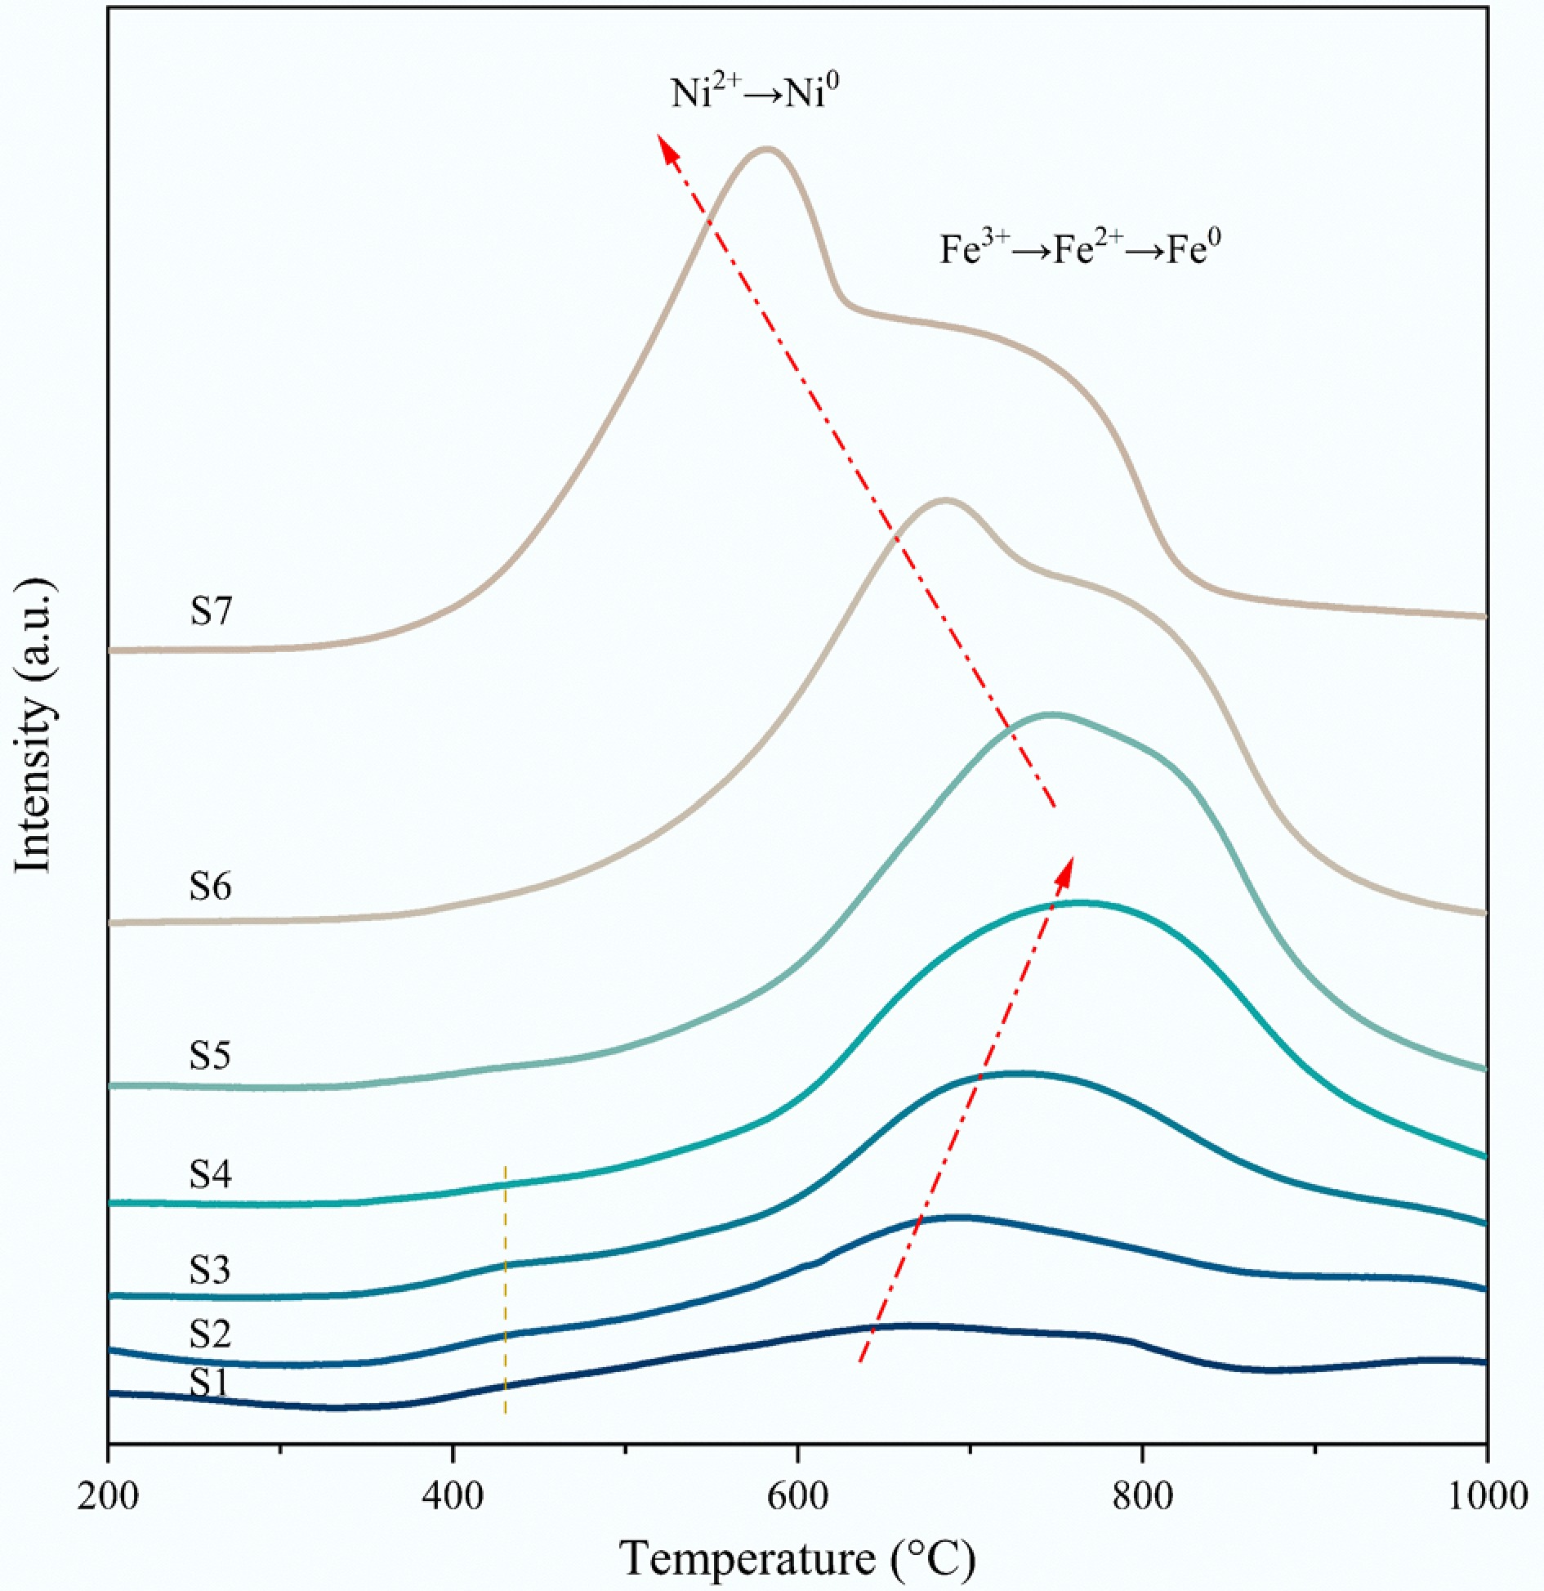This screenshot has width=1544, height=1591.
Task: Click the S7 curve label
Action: click(211, 611)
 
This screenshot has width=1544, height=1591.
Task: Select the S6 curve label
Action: click(211, 886)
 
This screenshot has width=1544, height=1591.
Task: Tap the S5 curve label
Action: click(211, 1055)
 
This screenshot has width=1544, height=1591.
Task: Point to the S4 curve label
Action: click(211, 1174)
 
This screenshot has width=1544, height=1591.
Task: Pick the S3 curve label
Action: click(211, 1270)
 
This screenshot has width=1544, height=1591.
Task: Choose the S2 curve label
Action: click(211, 1334)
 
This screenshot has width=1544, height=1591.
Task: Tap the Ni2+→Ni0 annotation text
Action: click(755, 92)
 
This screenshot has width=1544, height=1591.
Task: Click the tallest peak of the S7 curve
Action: click(766, 149)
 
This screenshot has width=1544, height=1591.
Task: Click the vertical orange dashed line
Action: click(506, 1291)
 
